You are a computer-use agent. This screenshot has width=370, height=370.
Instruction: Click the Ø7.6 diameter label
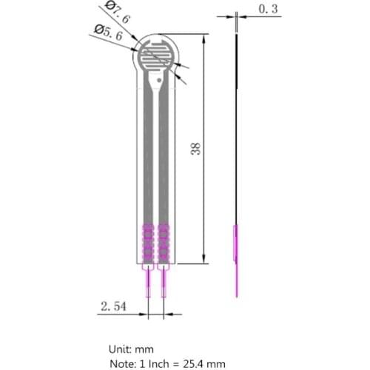(118, 13)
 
